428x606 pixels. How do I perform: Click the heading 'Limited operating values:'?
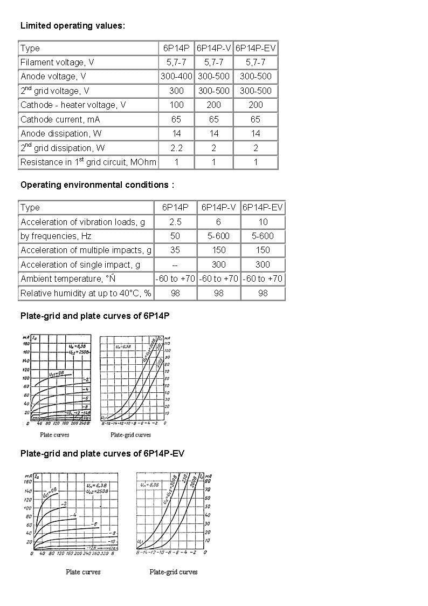click(73, 25)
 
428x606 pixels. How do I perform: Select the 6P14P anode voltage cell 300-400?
click(176, 77)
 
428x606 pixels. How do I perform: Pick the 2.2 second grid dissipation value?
click(176, 148)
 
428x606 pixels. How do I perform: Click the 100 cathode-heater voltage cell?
click(176, 105)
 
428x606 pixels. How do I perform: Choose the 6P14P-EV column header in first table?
click(256, 48)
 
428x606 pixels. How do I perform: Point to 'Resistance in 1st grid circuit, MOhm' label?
click(88, 162)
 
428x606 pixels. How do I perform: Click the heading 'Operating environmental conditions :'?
click(97, 185)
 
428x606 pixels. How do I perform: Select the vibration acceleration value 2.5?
click(175, 222)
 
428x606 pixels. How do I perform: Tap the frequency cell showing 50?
click(175, 236)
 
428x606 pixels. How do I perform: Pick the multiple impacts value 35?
click(175, 250)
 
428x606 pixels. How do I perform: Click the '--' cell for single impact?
click(175, 264)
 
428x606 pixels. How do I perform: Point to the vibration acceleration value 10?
click(263, 222)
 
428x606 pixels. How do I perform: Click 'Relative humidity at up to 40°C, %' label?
click(86, 293)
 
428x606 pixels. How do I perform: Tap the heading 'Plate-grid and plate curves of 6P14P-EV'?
click(102, 454)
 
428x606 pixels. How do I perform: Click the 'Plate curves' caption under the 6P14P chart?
click(54, 434)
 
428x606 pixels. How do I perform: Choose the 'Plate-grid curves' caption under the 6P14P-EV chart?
click(174, 572)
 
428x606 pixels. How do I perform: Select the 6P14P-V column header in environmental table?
click(218, 207)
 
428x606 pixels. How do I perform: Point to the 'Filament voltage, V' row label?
click(57, 63)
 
